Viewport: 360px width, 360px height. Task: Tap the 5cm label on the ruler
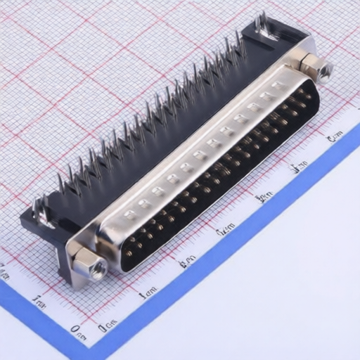coord(300,166)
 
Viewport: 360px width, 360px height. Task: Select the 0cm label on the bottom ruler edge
coord(108,326)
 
